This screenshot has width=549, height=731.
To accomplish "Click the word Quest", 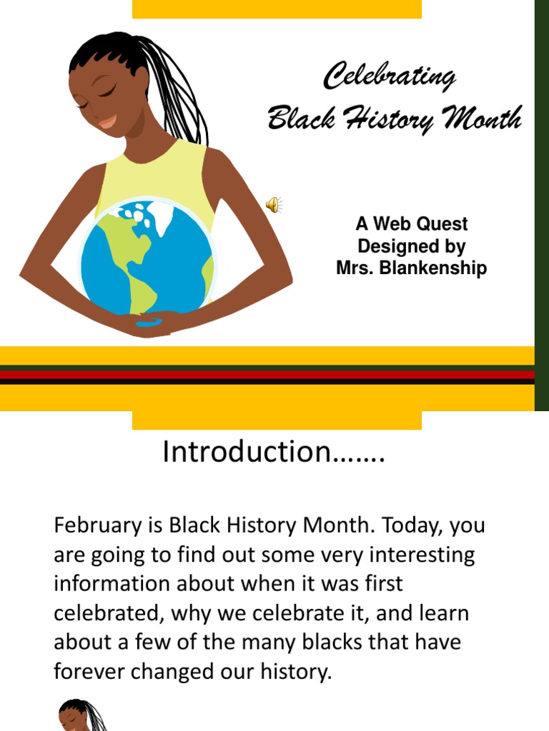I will [441, 224].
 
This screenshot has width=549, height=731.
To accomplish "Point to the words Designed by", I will [411, 246].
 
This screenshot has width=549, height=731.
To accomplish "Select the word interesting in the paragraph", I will [413, 555].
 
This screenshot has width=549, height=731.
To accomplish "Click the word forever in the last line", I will [84, 672].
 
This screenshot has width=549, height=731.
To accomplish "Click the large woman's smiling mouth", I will [108, 122].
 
